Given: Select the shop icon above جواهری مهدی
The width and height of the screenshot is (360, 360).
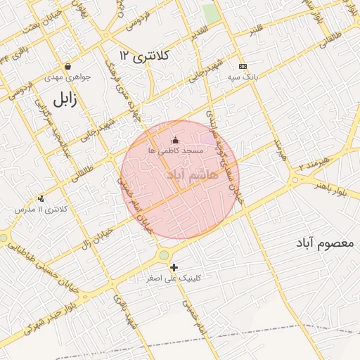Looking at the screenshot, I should pyautogui.click(x=67, y=67).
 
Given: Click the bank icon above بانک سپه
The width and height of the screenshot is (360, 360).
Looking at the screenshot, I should pyautogui.click(x=243, y=66).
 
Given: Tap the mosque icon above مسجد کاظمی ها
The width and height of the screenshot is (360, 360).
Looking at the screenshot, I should pyautogui.click(x=175, y=140).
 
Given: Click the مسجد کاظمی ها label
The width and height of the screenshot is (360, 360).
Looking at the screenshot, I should pyautogui.click(x=175, y=150).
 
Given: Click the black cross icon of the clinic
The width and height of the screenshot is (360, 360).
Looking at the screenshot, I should pyautogui.click(x=174, y=267).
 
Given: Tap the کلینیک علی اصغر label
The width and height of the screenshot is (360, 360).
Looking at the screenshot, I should pyautogui.click(x=174, y=278).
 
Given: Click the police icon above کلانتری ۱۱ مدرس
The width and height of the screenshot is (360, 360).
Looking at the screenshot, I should pyautogui.click(x=41, y=199).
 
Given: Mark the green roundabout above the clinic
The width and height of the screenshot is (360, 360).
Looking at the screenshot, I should pyautogui.click(x=164, y=255).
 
